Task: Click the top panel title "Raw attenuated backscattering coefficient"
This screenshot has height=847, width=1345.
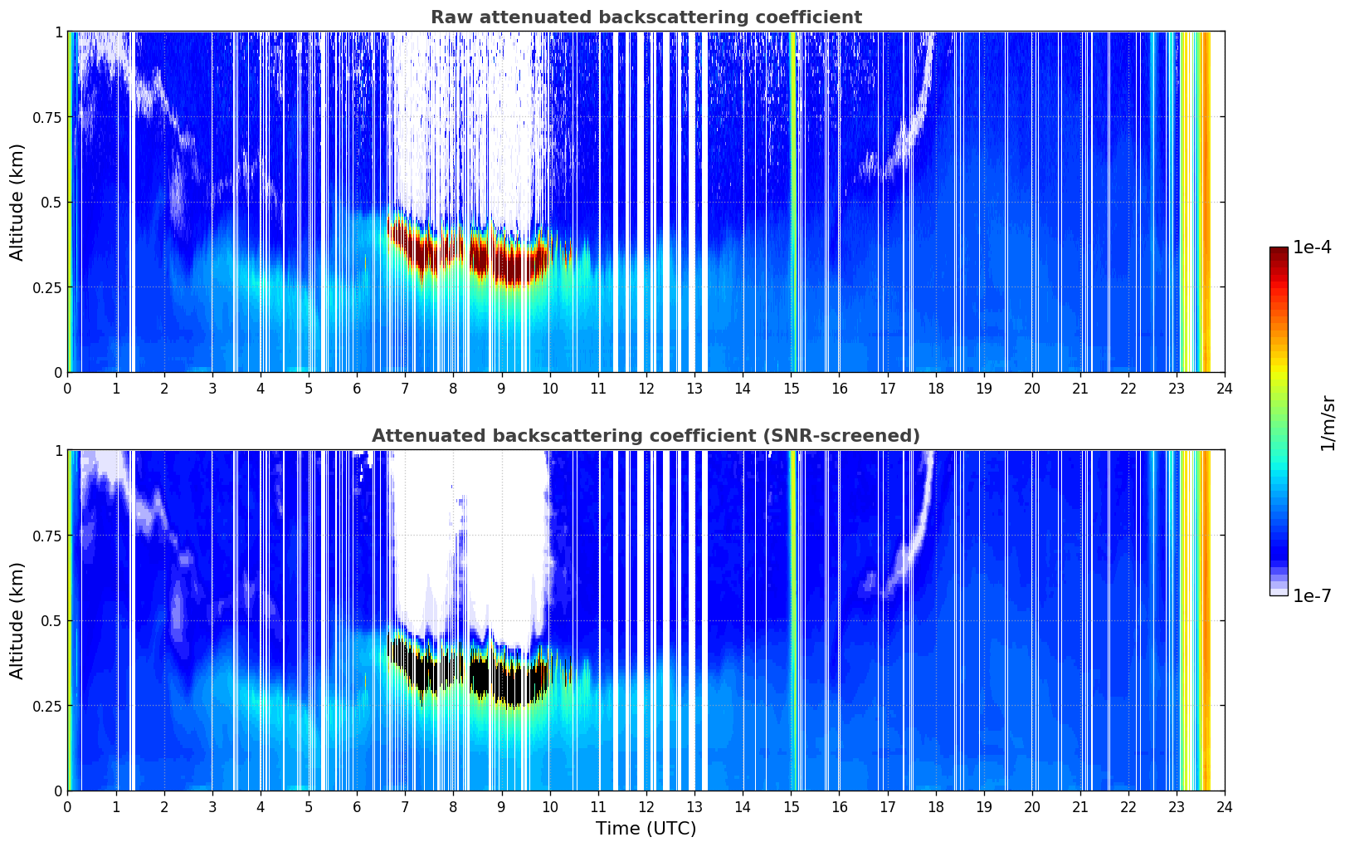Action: click(x=646, y=17)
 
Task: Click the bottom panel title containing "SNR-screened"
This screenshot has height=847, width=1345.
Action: click(x=646, y=435)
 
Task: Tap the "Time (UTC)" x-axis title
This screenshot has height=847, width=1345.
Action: click(x=646, y=829)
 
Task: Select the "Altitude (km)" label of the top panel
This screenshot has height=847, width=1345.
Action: click(x=17, y=202)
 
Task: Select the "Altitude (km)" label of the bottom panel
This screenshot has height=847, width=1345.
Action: click(x=17, y=620)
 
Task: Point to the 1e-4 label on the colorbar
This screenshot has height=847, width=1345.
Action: click(x=1312, y=247)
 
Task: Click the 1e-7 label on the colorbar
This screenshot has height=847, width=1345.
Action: click(x=1312, y=595)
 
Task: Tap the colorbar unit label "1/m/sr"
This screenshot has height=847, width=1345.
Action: click(x=1328, y=423)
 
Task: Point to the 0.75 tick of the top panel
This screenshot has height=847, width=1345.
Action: click(x=46, y=117)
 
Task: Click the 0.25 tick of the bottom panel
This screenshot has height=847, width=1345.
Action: click(x=46, y=706)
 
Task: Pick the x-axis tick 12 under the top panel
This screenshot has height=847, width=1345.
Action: click(x=646, y=389)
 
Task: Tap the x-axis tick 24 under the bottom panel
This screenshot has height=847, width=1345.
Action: click(x=1225, y=807)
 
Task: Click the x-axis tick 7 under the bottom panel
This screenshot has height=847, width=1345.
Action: click(x=405, y=807)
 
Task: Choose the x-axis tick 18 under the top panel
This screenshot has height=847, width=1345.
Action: click(x=935, y=389)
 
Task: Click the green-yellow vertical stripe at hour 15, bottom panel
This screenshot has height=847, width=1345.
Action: click(x=793, y=620)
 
